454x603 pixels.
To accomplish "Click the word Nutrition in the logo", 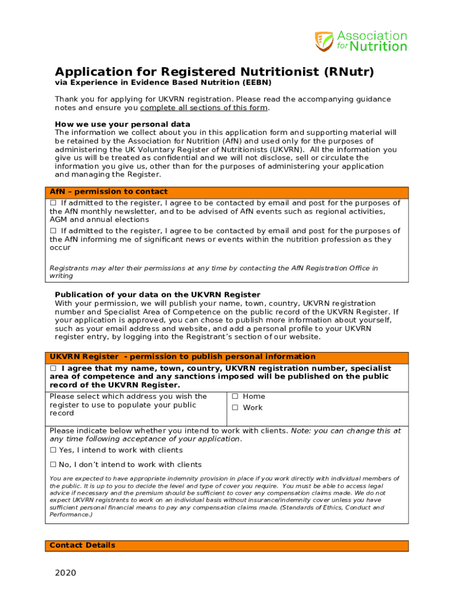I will coord(372,47).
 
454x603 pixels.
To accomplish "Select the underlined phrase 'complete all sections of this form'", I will coord(204,108).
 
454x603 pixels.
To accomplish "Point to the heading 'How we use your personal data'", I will coord(122,124).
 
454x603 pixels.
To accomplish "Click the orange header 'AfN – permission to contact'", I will coord(108,192).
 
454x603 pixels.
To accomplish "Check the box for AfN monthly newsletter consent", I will coord(53,203).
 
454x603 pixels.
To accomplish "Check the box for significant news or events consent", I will coord(53,231).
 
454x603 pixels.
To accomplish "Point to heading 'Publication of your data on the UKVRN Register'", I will coord(157,294).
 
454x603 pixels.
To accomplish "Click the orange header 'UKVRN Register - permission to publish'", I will coord(182,357).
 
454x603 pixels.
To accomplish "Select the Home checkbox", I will coord(235,396).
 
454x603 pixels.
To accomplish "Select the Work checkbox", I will coord(235,407).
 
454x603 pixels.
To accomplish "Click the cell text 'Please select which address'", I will coord(129,405).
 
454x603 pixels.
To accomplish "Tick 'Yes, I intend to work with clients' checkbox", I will coord(53,450).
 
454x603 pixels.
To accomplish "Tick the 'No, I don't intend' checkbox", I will coord(53,465).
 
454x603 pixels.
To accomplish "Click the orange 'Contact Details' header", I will coord(83,545).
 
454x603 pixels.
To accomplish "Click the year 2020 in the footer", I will coord(65,573).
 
